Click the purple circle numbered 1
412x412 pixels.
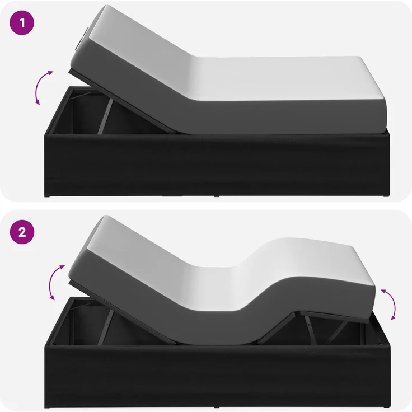click(x=22, y=23)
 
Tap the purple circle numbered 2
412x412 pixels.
click(x=22, y=232)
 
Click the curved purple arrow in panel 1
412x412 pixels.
click(x=43, y=87)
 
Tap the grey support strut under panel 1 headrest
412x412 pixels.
click(x=106, y=116)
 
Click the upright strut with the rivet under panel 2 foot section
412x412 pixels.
click(x=311, y=330)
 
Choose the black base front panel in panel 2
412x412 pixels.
click(x=217, y=376)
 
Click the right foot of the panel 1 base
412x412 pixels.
click(x=386, y=196)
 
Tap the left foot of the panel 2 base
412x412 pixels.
click(x=48, y=407)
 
